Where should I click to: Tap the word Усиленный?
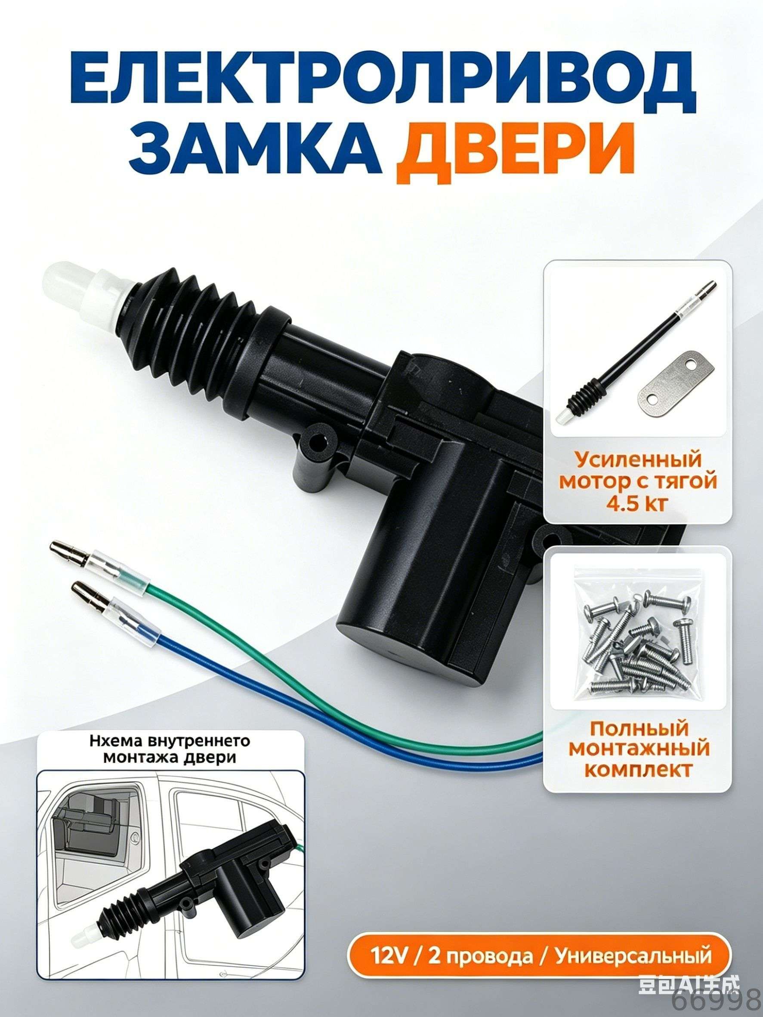coord(637,460)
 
